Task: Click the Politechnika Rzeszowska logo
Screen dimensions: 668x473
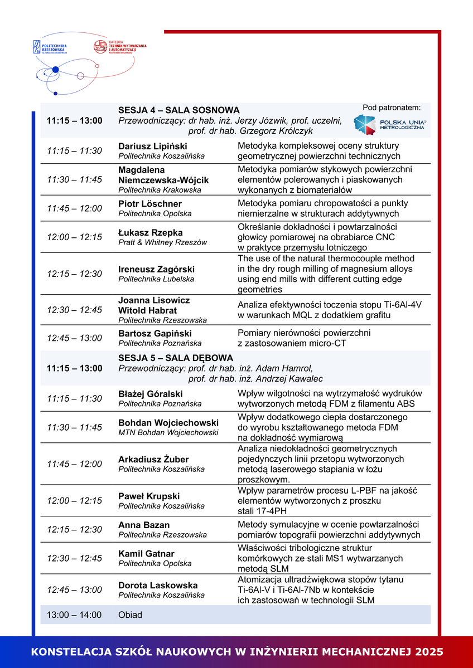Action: click(51, 46)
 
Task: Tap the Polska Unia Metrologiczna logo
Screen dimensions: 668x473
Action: click(389, 124)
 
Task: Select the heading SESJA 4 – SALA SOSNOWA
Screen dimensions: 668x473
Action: click(178, 110)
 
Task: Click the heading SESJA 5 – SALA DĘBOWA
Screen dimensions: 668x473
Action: click(176, 358)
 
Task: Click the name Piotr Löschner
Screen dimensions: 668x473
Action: click(150, 203)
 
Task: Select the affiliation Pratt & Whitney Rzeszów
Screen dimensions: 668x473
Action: click(162, 242)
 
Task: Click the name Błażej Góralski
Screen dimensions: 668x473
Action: click(151, 393)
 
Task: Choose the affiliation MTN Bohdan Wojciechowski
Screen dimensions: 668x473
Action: click(168, 432)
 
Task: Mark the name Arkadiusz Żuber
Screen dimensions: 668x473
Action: click(153, 459)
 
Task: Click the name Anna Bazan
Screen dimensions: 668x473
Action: click(144, 525)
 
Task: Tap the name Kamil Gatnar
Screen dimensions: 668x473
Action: click(146, 553)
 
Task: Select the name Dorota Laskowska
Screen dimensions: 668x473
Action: click(158, 585)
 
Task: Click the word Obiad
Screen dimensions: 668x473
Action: click(130, 615)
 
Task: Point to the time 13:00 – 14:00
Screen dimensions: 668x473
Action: click(74, 615)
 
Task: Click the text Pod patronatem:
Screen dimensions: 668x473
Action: click(392, 107)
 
